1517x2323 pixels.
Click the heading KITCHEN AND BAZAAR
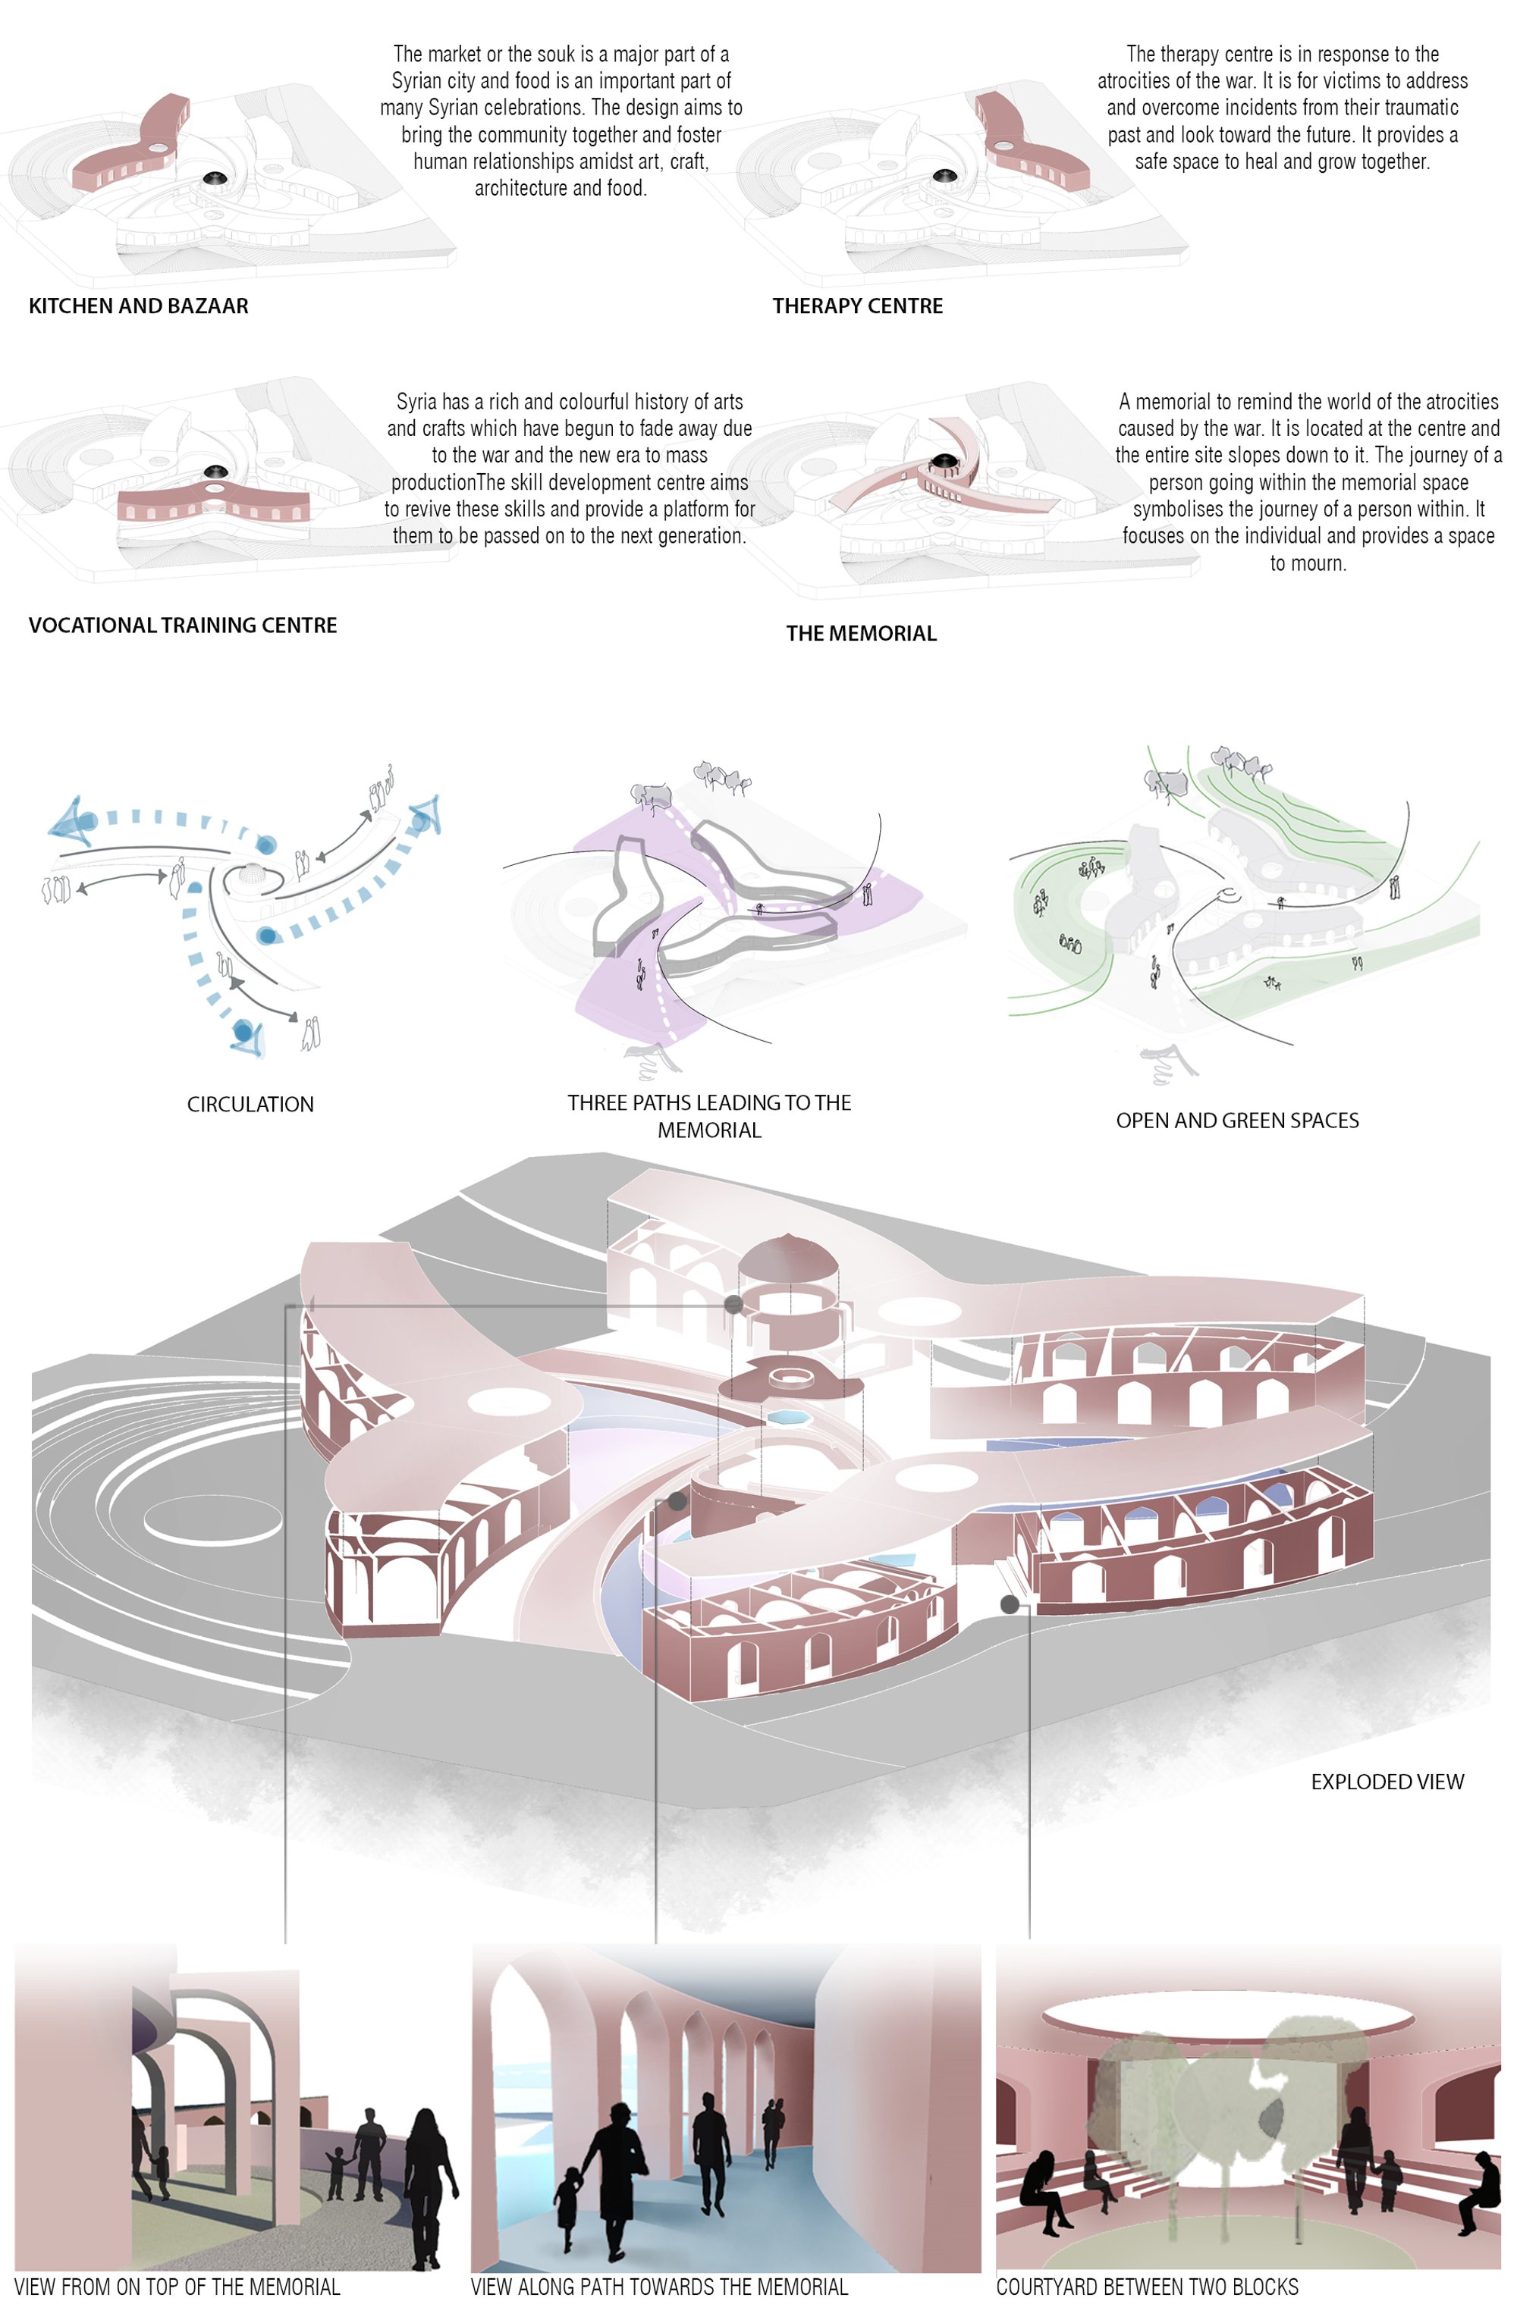(x=139, y=306)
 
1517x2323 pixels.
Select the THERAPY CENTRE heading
(x=857, y=306)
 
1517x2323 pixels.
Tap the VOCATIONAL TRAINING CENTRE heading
(x=183, y=625)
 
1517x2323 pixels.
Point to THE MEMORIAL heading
(x=861, y=632)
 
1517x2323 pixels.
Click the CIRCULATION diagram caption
(x=250, y=1104)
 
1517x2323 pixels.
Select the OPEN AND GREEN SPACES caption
(x=1237, y=1121)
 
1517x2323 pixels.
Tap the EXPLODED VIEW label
(x=1387, y=1781)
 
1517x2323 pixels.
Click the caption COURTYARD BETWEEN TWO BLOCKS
(x=1147, y=2286)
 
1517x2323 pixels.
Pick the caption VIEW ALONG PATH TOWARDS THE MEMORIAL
(x=659, y=2286)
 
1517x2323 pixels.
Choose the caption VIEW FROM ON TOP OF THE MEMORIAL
(x=177, y=2286)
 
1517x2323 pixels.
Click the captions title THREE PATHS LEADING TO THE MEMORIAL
(x=710, y=1115)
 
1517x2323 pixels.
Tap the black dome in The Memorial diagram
(x=944, y=459)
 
